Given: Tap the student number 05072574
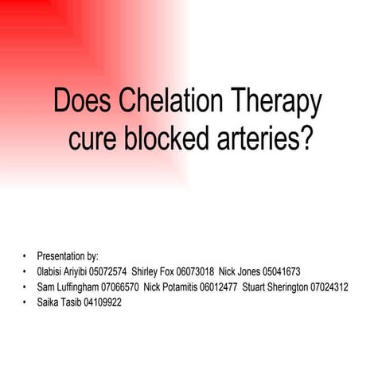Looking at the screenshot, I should pos(107,271).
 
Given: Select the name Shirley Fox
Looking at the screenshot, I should pos(153,271).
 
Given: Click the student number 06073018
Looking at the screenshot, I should pos(193,271).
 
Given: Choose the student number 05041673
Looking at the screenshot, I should pos(283,271).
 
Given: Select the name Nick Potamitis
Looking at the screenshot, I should pos(170,286).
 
